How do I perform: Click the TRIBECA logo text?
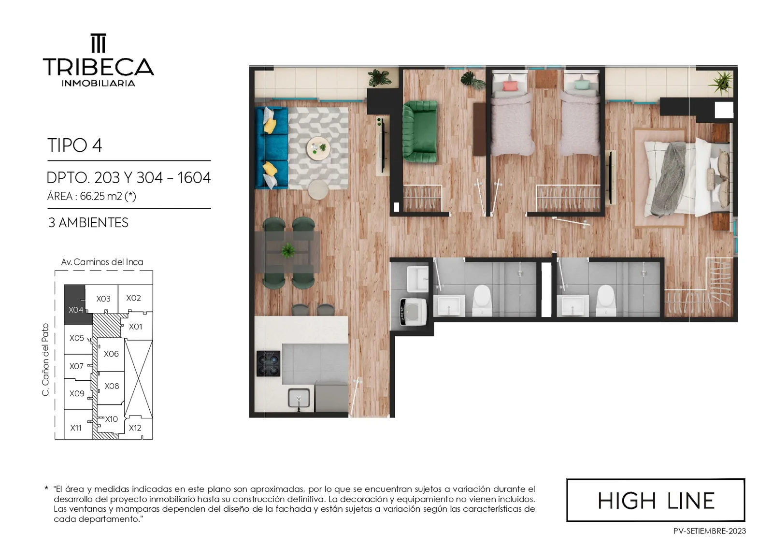[99, 67]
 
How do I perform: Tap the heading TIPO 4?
[74, 145]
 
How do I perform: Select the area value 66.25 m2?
[101, 196]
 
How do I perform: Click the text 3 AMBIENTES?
[88, 223]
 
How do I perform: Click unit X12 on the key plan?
[135, 428]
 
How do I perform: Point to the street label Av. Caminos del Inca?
[102, 262]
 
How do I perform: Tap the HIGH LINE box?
[656, 500]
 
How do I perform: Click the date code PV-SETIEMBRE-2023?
[710, 531]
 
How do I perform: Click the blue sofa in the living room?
[272, 148]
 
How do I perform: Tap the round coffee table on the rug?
[318, 148]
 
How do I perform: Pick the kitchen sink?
[299, 399]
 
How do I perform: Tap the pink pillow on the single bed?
[510, 86]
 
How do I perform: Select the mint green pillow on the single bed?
[581, 85]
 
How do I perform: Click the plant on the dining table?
[288, 250]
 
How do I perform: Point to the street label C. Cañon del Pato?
[45, 359]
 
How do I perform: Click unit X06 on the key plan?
[111, 354]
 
